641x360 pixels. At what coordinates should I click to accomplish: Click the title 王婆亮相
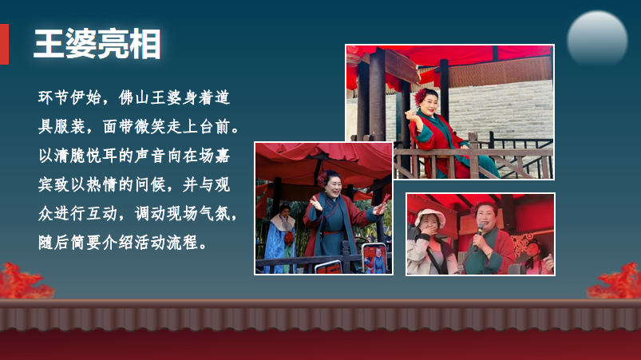point(97,44)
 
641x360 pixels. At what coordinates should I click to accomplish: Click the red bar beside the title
point(4,44)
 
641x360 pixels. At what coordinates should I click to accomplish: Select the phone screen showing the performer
point(373,259)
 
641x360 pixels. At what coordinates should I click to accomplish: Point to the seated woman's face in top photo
point(432,104)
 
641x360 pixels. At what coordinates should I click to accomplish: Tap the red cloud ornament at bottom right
point(615,281)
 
